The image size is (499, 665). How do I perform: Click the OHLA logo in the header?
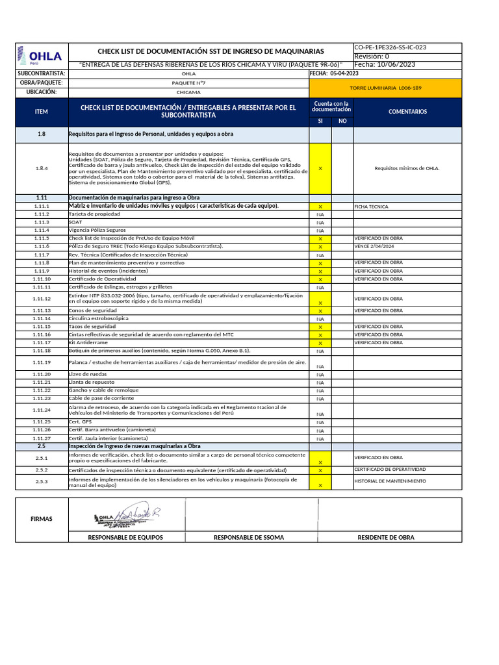point(40,56)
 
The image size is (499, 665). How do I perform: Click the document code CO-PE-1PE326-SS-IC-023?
point(390,47)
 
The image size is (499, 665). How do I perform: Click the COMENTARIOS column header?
point(407,112)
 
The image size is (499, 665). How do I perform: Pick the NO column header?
point(342,121)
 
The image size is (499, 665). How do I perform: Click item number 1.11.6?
point(42,247)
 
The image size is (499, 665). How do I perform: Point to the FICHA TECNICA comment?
point(371,207)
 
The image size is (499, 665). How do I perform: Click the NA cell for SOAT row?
point(320,222)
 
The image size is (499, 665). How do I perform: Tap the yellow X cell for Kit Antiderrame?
point(320,342)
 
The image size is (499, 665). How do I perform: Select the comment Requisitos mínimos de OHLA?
point(407,168)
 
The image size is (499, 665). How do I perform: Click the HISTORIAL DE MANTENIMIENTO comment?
point(390,481)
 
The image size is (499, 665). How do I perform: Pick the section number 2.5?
point(42,446)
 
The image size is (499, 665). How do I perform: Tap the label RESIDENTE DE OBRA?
point(385,538)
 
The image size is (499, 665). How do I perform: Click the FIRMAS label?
point(41,519)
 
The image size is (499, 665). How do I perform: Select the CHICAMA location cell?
point(188,92)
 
